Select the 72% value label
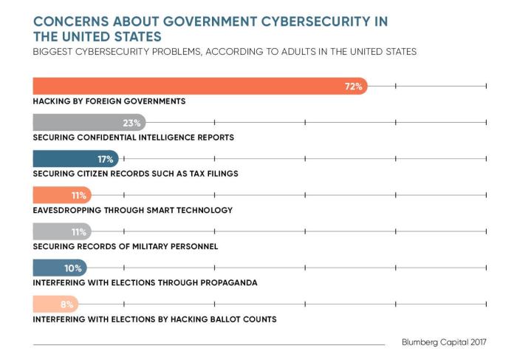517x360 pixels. (x=354, y=86)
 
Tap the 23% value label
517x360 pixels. (x=132, y=123)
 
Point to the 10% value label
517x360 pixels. (x=73, y=268)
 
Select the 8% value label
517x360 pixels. (x=66, y=304)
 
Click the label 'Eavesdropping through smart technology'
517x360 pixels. (x=133, y=210)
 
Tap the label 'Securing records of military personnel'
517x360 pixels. (x=126, y=246)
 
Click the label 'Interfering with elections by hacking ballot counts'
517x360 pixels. (x=155, y=319)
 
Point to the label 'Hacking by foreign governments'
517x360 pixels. (x=109, y=101)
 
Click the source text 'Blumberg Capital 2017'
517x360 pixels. (x=444, y=343)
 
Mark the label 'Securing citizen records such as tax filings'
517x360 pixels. (x=145, y=174)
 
